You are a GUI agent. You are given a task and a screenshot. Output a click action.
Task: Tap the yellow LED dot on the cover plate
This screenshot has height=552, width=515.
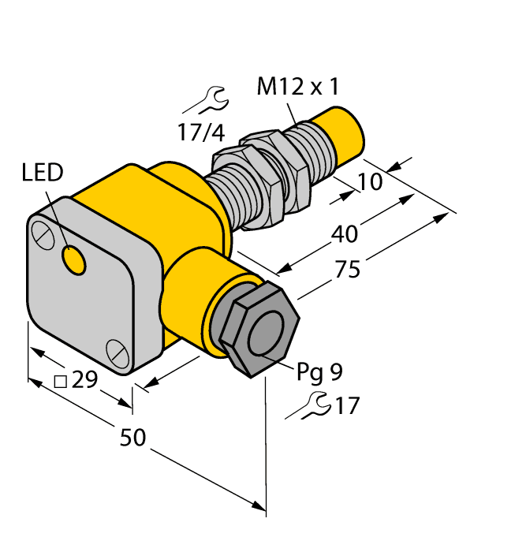[74, 259]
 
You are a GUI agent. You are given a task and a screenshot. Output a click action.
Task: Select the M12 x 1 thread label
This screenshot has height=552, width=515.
[297, 88]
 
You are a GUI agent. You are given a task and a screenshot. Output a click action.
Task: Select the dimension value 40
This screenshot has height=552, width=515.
[344, 234]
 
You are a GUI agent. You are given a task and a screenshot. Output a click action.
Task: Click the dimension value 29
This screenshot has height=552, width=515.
[84, 381]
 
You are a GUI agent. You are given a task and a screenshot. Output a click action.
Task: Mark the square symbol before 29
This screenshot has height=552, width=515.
[60, 382]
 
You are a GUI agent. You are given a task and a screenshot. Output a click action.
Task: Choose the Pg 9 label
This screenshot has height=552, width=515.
[319, 370]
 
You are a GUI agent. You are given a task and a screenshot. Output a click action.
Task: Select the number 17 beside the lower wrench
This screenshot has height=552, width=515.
[346, 406]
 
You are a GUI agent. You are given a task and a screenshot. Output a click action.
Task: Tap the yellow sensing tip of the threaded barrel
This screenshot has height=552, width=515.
[341, 137]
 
